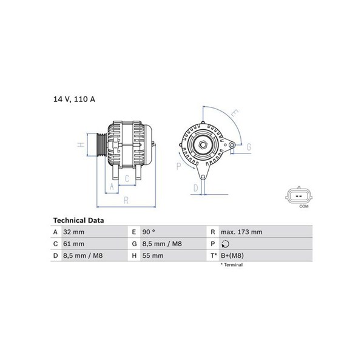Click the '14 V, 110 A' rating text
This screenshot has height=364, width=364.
[74, 99]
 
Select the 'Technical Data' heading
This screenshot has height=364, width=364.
[78, 220]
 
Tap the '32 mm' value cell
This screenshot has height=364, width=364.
[73, 232]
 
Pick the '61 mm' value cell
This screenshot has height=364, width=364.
[73, 244]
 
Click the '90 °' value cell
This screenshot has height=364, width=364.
[149, 232]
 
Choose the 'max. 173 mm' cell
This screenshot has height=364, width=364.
[241, 232]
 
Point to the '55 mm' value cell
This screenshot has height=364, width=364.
[153, 255]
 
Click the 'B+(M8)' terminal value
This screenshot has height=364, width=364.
[232, 255]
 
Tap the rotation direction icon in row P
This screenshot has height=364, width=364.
[225, 244]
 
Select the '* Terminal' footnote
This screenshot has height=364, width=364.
[232, 265]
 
